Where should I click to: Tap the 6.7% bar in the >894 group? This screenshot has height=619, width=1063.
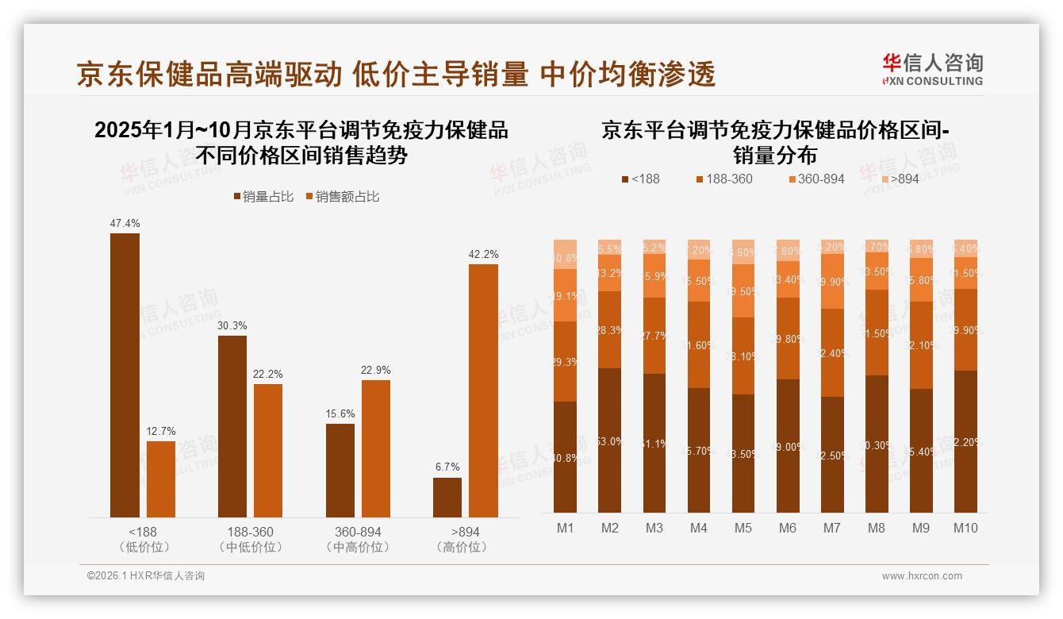pyautogui.click(x=447, y=498)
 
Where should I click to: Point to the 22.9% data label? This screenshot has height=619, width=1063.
pyautogui.click(x=376, y=371)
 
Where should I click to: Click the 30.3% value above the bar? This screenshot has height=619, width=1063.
pyautogui.click(x=232, y=325)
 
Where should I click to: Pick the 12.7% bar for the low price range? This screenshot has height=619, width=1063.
pyautogui.click(x=161, y=479)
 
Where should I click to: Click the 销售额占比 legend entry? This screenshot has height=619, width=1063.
pyautogui.click(x=342, y=197)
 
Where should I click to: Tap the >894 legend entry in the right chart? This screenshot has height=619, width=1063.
pyautogui.click(x=900, y=179)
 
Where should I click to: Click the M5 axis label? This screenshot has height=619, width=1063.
pyautogui.click(x=743, y=528)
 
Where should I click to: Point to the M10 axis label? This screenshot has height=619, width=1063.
pyautogui.click(x=965, y=528)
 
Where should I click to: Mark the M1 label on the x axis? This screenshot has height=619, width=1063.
pyautogui.click(x=565, y=528)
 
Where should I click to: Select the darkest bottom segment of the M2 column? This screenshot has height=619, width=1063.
pyautogui.click(x=609, y=440)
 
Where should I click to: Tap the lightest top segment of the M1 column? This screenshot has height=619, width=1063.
pyautogui.click(x=565, y=255)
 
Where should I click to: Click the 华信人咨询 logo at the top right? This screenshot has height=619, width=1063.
pyautogui.click(x=932, y=70)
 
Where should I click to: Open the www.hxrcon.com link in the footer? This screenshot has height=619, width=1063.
pyautogui.click(x=922, y=576)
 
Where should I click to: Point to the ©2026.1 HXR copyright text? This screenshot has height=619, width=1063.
pyautogui.click(x=146, y=576)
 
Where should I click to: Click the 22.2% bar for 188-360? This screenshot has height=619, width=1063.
pyautogui.click(x=268, y=451)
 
